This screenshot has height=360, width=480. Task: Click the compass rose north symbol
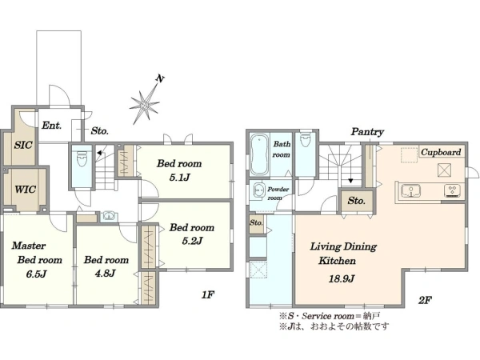pos(146,104)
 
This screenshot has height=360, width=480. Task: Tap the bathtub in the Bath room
pos(259,155)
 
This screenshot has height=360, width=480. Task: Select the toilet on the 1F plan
pos(82,159)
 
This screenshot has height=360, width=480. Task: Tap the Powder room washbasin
pos(259,190)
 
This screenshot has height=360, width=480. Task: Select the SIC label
pos(23,145)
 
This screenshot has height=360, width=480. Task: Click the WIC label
pos(25,189)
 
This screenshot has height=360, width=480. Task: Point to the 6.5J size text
pos(36,274)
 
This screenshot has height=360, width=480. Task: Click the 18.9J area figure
pos(342,279)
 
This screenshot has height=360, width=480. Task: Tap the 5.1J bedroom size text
pos(180,178)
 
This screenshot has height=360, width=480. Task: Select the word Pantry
pos(367,132)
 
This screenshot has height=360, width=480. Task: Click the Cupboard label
pos(441,152)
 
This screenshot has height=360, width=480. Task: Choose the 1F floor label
pos(207,294)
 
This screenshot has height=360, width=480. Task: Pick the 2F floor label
pos(425,300)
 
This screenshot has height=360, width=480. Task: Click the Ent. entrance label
pos(51,126)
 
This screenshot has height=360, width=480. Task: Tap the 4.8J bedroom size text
pos(105,273)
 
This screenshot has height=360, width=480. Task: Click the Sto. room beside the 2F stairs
pos(356,201)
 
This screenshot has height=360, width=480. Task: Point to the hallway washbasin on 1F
pos(108,216)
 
